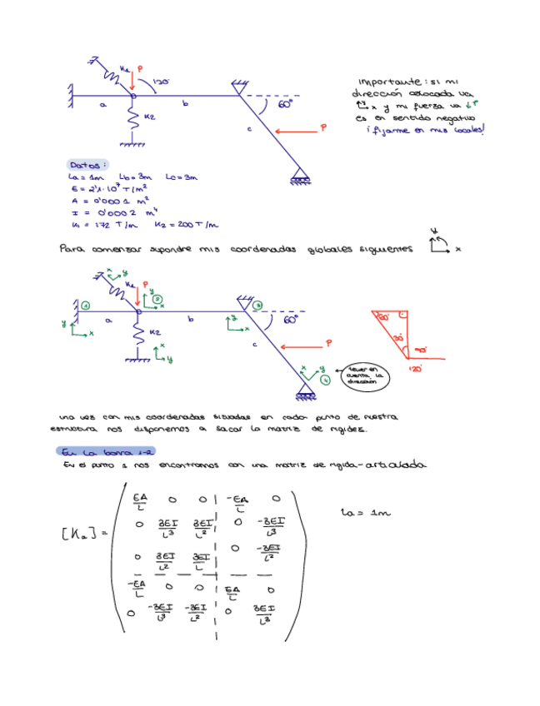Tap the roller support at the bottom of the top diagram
[300, 177]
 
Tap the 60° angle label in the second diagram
[290, 318]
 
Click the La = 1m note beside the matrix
[366, 513]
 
